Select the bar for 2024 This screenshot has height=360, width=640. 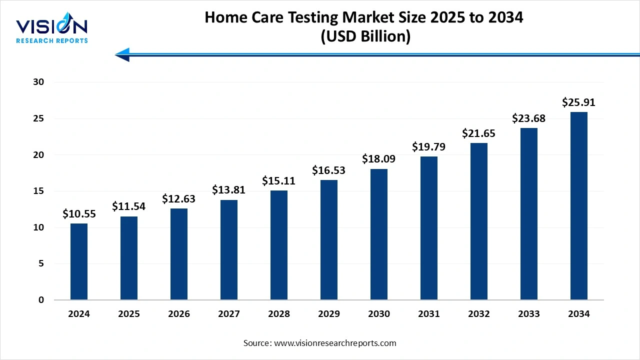pyautogui.click(x=79, y=261)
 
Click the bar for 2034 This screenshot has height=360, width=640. pyautogui.click(x=579, y=206)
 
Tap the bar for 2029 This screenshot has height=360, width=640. pyautogui.click(x=329, y=240)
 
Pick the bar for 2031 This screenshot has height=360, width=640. pyautogui.click(x=429, y=228)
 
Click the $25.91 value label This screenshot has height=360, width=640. pyautogui.click(x=579, y=102)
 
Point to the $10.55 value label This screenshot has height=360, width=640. pyautogui.click(x=79, y=214)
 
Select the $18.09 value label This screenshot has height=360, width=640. pyautogui.click(x=379, y=159)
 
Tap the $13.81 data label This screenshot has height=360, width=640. pyautogui.click(x=229, y=190)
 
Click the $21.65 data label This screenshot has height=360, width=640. pyautogui.click(x=479, y=133)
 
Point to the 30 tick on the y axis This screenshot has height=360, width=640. pyautogui.click(x=39, y=82)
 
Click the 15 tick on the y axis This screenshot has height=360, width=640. pyautogui.click(x=39, y=191)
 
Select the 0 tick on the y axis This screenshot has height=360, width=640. pyautogui.click(x=41, y=300)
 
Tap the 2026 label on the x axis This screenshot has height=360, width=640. pyautogui.click(x=179, y=314)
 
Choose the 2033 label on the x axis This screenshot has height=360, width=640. pyautogui.click(x=529, y=314)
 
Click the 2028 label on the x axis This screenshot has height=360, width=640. pyautogui.click(x=279, y=314)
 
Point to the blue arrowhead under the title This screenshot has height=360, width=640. pyautogui.click(x=123, y=54)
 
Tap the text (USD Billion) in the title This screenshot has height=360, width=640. pyautogui.click(x=364, y=36)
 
